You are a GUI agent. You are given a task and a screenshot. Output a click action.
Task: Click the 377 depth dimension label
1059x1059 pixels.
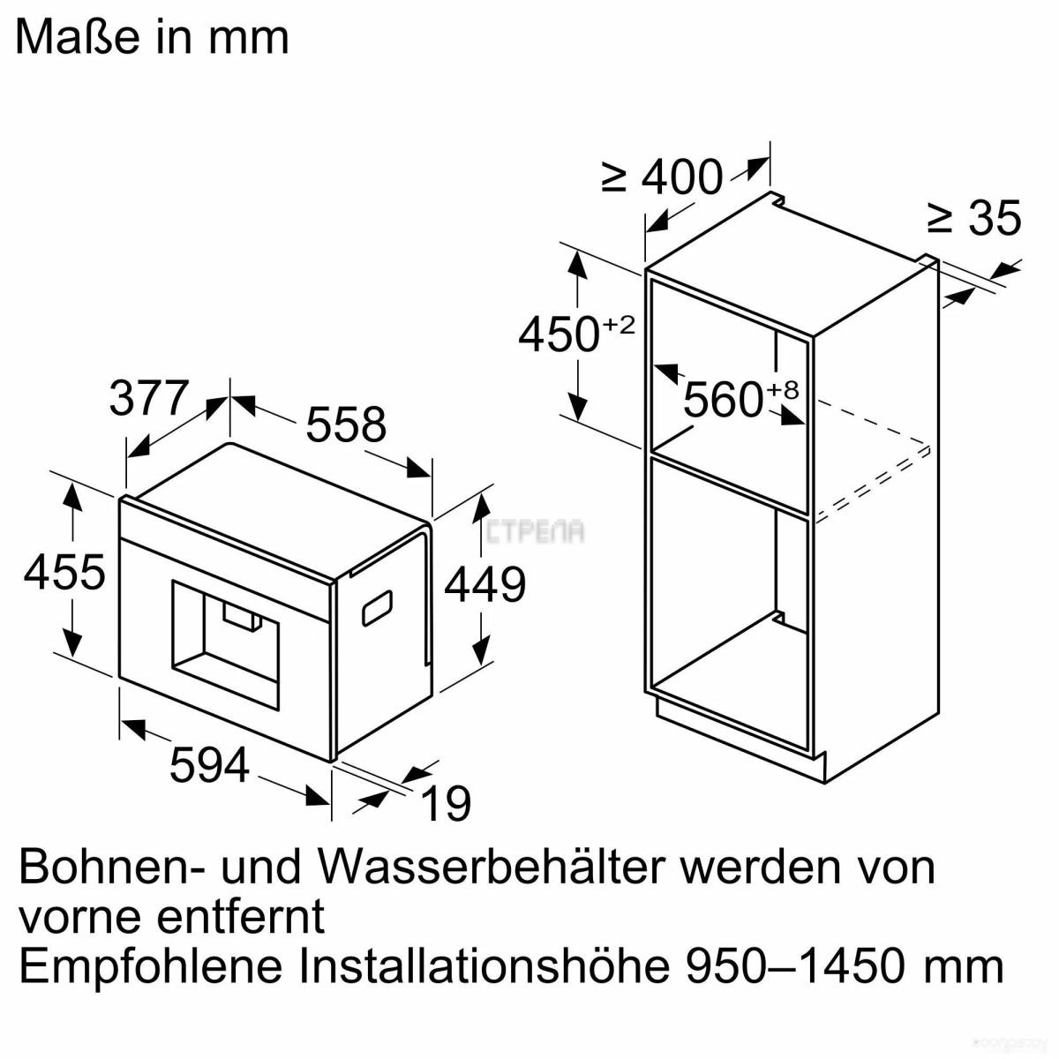pos(149,398)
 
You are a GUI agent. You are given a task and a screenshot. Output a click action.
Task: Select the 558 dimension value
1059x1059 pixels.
pos(346,424)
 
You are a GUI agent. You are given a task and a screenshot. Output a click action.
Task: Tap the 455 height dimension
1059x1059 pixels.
pos(64,572)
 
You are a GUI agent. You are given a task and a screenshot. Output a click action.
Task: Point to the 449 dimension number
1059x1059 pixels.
pos(484,585)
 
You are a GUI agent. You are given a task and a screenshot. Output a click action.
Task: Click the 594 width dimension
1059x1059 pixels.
pos(209,764)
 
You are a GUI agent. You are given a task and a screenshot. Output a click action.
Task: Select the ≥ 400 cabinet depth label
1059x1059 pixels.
pos(662,177)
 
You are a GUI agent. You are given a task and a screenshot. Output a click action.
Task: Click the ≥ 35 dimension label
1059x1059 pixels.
pos(973,218)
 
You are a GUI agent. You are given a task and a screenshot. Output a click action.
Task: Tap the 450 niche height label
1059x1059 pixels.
pos(559,335)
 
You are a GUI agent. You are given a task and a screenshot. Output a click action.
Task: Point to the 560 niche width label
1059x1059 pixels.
pos(724,400)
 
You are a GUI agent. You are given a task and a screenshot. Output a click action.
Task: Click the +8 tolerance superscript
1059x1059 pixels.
pos(782,389)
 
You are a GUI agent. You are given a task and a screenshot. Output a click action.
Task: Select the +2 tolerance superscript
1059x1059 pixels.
pos(619,325)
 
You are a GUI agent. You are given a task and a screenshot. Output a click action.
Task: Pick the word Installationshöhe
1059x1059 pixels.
pos(484,965)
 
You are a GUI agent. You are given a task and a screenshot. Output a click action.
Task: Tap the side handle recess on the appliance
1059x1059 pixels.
pos(377,608)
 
